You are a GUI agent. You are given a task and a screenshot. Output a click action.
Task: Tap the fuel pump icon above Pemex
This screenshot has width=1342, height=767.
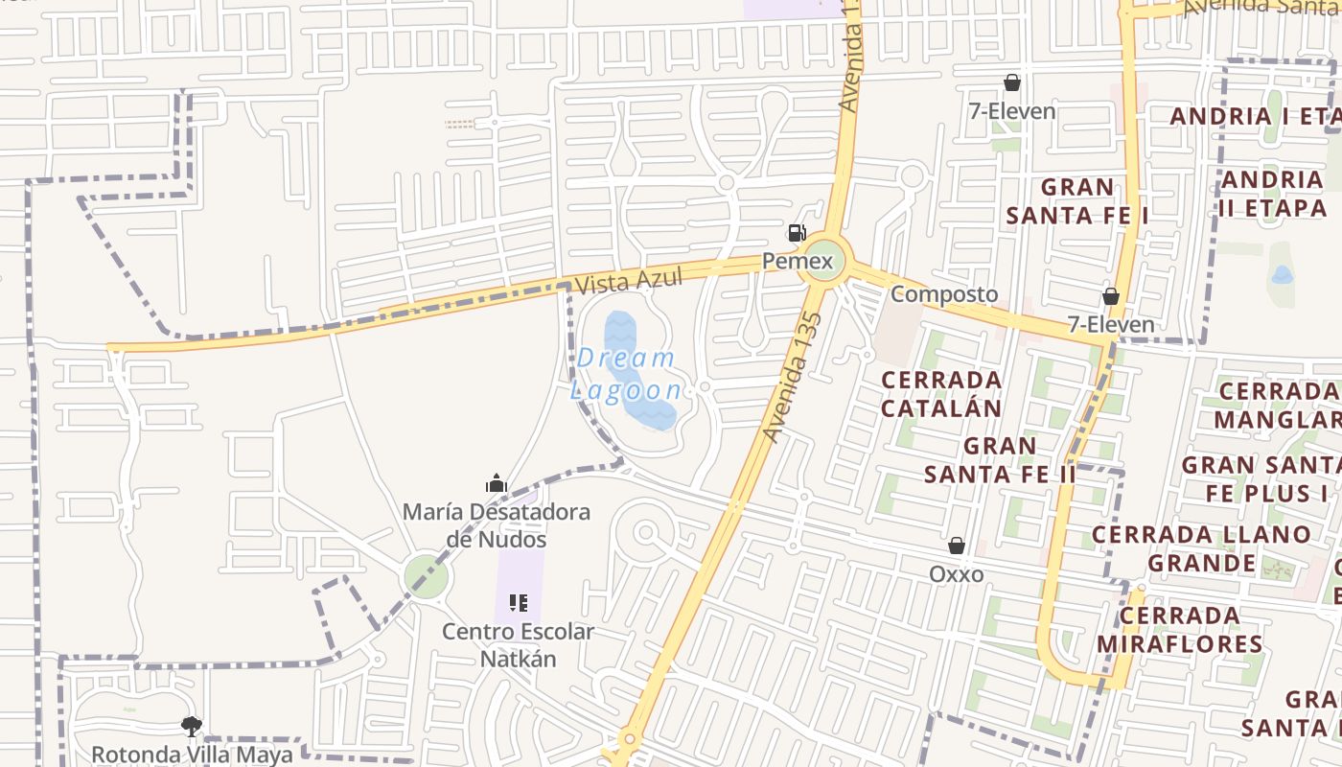[797, 233]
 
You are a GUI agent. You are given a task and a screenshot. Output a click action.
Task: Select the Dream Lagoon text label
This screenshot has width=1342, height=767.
[627, 374]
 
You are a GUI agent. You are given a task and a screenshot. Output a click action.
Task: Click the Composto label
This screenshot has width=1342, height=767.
[944, 294]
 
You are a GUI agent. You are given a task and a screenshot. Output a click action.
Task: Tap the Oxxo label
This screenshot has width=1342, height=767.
[956, 574]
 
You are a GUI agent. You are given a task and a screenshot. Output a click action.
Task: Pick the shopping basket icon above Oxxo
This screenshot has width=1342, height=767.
[956, 546]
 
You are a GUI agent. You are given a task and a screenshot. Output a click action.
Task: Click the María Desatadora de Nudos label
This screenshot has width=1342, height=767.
[496, 525]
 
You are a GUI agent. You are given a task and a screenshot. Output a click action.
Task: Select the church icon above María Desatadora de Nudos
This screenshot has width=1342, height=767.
[496, 483]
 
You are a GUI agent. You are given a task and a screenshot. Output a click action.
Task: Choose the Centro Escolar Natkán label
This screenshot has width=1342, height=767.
[518, 645]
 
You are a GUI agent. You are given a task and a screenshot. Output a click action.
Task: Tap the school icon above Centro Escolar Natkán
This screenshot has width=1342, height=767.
[518, 603]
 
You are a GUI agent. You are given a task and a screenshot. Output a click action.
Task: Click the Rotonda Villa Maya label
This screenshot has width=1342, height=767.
[192, 754]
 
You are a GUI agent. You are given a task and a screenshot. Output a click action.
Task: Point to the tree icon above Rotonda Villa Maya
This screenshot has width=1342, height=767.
[192, 726]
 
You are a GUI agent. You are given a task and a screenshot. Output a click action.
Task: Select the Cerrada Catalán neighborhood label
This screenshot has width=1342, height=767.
[941, 393]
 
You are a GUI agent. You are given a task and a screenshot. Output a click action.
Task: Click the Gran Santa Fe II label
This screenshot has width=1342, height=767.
[1000, 459]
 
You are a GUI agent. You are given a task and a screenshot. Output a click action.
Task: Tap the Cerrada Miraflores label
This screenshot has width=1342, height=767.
[1179, 629]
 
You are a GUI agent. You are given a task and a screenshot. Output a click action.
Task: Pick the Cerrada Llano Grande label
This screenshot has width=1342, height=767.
[1201, 547]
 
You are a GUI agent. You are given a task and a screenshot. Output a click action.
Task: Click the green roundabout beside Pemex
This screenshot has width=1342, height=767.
[823, 260]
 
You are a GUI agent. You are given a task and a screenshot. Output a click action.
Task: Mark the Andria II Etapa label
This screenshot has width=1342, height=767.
[1273, 194]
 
